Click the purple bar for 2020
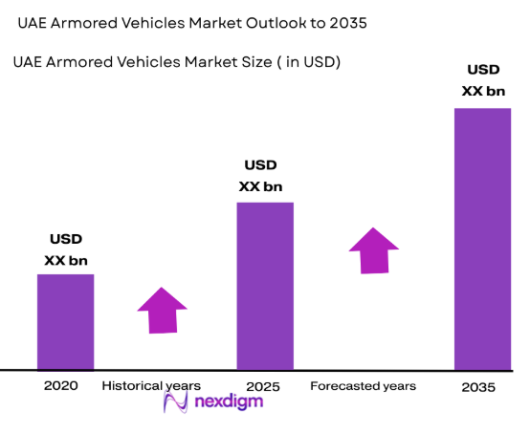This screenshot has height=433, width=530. pyautogui.click(x=65, y=321)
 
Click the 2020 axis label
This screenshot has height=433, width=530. pyautogui.click(x=59, y=386)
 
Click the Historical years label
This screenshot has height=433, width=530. pyautogui.click(x=151, y=386)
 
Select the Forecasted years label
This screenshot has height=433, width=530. pyautogui.click(x=364, y=386)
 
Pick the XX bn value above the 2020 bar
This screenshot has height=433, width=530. pyautogui.click(x=65, y=260)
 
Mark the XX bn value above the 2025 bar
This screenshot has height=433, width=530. pyautogui.click(x=261, y=186)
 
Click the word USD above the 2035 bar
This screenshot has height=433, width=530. pyautogui.click(x=481, y=70)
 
